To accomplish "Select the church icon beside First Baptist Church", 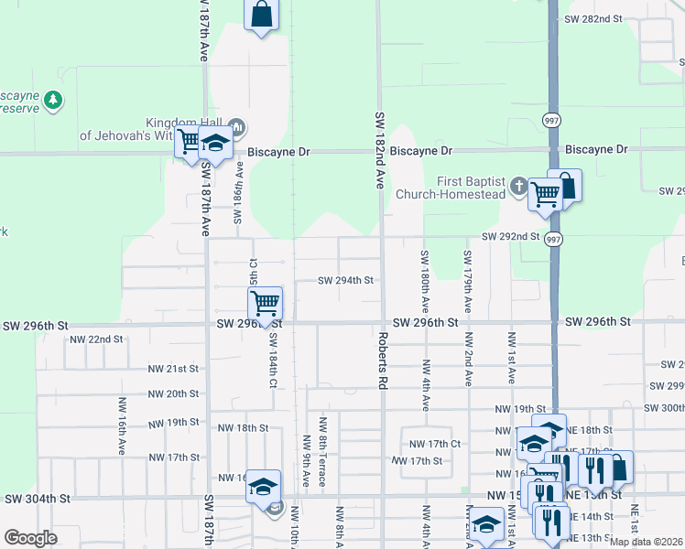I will [x=518, y=186].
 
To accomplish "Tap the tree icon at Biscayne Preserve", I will [x=54, y=100].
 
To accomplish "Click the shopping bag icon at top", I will [x=261, y=15].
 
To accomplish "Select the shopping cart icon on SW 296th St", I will [x=265, y=302].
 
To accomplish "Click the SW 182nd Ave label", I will [x=378, y=150].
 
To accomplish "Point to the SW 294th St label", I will [x=345, y=281].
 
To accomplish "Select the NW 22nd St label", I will [x=96, y=339].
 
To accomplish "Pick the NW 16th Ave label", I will [x=121, y=425].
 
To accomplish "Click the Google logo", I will [x=31, y=538].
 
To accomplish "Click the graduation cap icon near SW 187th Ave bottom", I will [x=263, y=486].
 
